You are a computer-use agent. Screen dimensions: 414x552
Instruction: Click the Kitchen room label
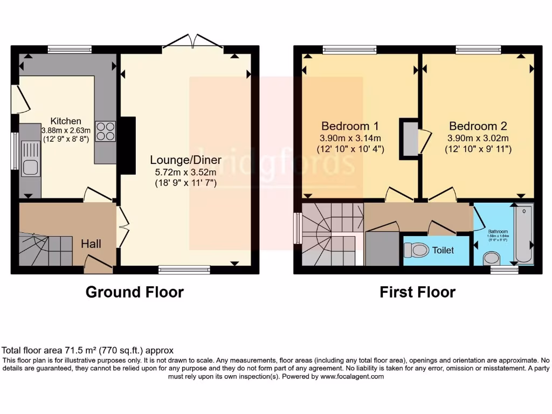[66, 121]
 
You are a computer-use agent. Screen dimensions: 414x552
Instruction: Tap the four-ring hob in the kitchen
[106, 132]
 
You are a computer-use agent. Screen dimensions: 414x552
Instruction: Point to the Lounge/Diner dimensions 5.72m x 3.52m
[183, 172]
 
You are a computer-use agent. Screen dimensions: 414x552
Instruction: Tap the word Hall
[91, 244]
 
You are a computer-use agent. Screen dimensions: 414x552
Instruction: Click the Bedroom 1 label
[350, 126]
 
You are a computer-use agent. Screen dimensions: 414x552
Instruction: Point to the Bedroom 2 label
[478, 126]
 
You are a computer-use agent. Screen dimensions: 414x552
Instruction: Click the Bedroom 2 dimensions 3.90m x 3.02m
[478, 138]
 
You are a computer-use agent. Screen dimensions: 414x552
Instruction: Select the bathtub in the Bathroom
[523, 233]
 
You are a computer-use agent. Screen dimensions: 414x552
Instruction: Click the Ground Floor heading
[135, 292]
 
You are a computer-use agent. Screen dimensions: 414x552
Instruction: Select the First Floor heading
[417, 292]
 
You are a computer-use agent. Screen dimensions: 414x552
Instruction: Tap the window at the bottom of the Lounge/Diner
[184, 269]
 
